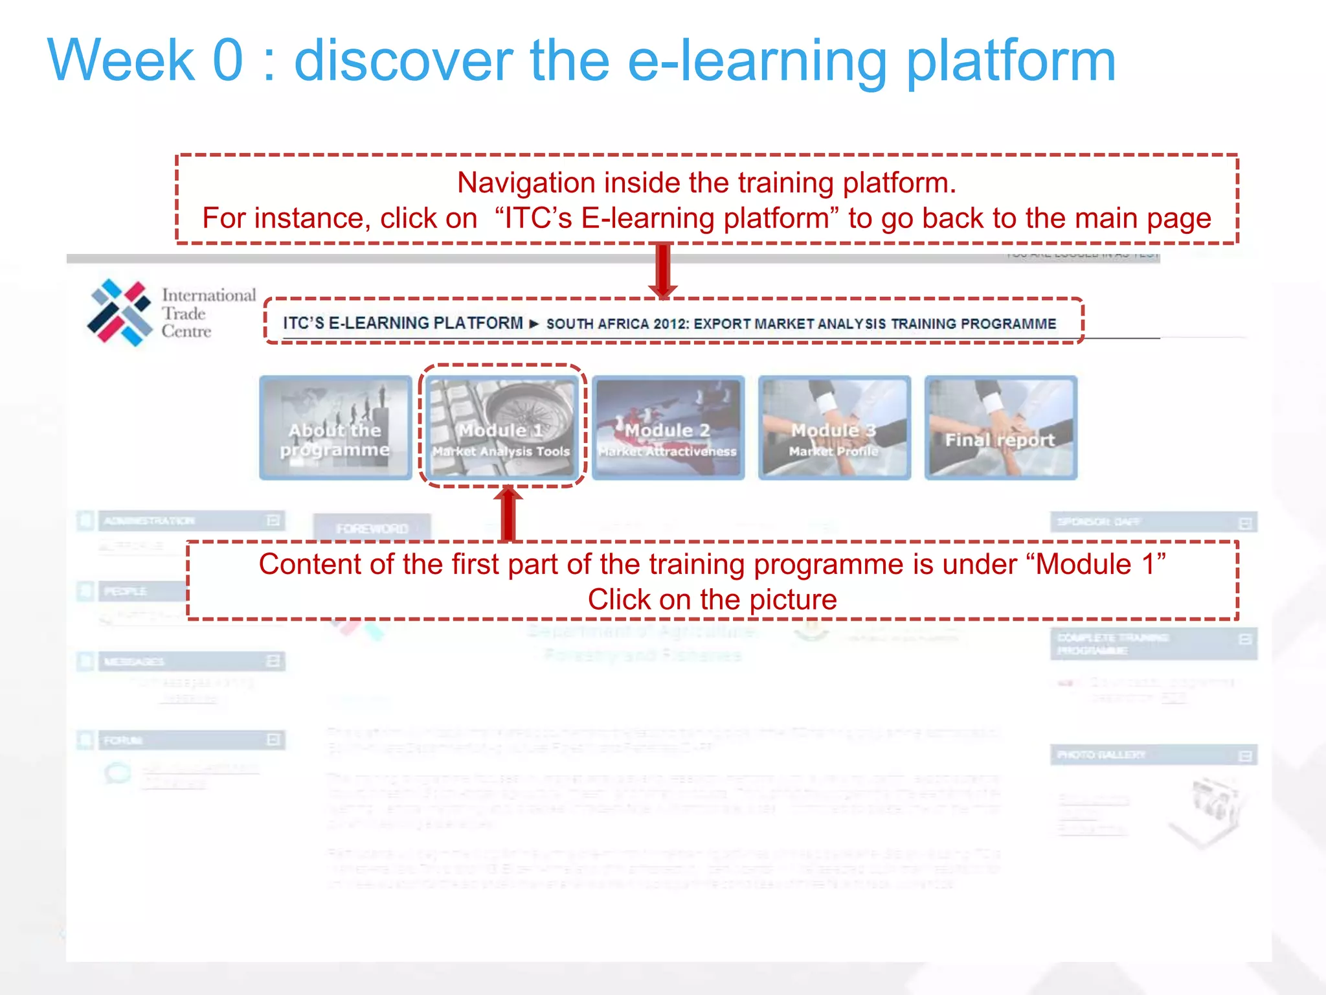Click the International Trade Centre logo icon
(120, 312)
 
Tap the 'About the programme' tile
(335, 428)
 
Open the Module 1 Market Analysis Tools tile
(502, 428)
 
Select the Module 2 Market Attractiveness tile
(668, 428)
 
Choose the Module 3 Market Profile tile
(835, 428)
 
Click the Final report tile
(1000, 428)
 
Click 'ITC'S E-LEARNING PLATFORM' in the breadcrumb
(403, 323)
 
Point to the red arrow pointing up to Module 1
(508, 514)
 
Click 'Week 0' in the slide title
(145, 60)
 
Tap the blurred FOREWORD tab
(372, 528)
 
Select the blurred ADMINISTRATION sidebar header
(181, 521)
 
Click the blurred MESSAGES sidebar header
(181, 661)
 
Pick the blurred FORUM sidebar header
(181, 740)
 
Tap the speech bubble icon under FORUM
(118, 773)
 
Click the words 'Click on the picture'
(712, 600)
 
